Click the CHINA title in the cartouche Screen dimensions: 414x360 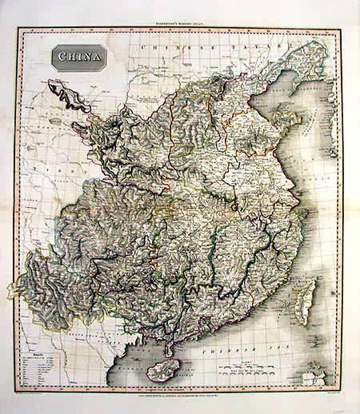[x=78, y=58]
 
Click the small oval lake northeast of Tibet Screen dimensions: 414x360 [x=56, y=121]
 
